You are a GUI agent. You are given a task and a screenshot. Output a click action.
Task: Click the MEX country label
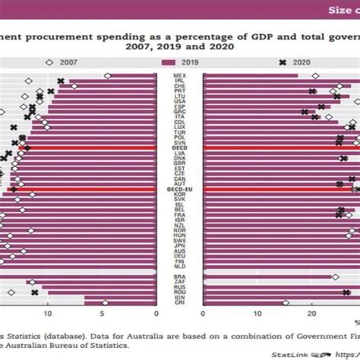[x=180, y=76]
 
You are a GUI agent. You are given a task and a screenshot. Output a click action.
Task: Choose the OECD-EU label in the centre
[x=180, y=188]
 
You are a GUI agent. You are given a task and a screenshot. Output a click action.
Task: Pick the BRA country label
[x=180, y=277]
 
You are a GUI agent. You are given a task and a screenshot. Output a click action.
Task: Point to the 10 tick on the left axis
[x=48, y=312]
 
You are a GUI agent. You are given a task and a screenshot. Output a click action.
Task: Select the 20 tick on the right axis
[x=311, y=312]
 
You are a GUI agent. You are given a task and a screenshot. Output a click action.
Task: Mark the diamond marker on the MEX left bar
[x=107, y=76]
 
